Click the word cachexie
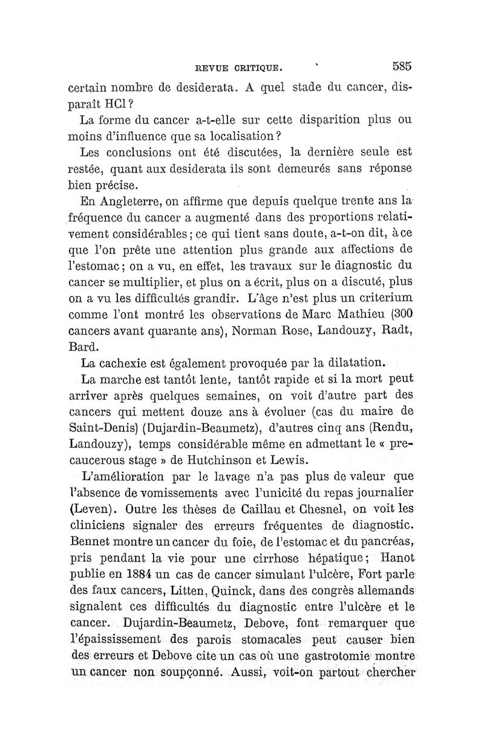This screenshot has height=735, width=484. (129, 364)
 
